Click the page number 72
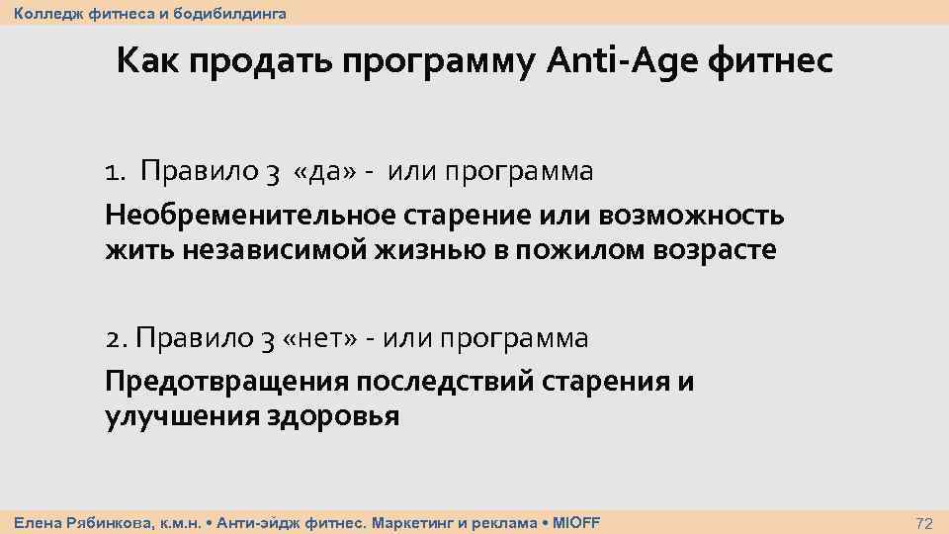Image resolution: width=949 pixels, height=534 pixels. coord(924,522)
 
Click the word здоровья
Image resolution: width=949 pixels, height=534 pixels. coord(333,416)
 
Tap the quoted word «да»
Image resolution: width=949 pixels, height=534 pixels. coord(303,172)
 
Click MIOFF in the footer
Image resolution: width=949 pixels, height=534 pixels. coord(576,522)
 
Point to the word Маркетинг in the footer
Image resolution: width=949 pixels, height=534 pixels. coord(409,522)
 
